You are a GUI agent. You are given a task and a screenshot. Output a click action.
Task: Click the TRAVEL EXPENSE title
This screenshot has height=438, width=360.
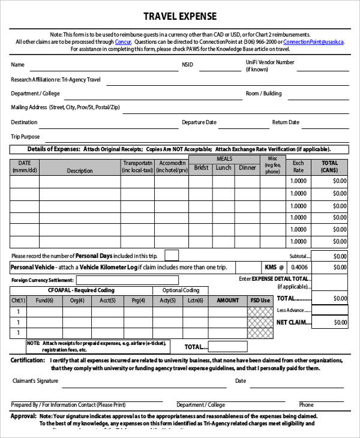[180, 16]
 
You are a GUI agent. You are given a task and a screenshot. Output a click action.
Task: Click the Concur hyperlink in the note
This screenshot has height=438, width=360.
[122, 42]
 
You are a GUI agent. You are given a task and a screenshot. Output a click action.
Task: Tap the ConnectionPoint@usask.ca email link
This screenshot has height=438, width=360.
[313, 42]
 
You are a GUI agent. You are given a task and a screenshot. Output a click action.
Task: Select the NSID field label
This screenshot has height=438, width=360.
[188, 65]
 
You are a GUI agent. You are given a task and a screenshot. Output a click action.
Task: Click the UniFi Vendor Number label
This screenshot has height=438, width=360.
[270, 62]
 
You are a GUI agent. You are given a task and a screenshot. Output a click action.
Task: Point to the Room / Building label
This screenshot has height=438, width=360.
[263, 94]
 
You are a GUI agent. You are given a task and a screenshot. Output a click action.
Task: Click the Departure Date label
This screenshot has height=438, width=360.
[199, 122]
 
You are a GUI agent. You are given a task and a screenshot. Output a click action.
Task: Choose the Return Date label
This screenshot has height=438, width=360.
[286, 122]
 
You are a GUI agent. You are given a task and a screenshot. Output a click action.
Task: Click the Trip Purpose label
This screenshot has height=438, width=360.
[25, 137]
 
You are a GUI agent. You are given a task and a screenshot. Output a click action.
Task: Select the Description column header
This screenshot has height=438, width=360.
[80, 170]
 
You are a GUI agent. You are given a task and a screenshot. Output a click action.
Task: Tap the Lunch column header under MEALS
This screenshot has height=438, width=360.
[223, 168]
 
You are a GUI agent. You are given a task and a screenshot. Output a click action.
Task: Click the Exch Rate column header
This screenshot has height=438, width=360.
[298, 166]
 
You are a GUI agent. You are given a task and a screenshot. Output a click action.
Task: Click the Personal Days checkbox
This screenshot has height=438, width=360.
[172, 255]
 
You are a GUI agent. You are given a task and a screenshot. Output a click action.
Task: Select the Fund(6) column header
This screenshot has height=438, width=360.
[44, 301]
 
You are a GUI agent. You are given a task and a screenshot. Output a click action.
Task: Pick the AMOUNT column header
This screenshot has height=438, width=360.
[227, 301]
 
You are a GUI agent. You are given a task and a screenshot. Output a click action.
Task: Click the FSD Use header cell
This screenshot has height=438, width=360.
[260, 301]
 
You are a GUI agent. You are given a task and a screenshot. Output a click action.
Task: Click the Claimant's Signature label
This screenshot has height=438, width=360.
[35, 381]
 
